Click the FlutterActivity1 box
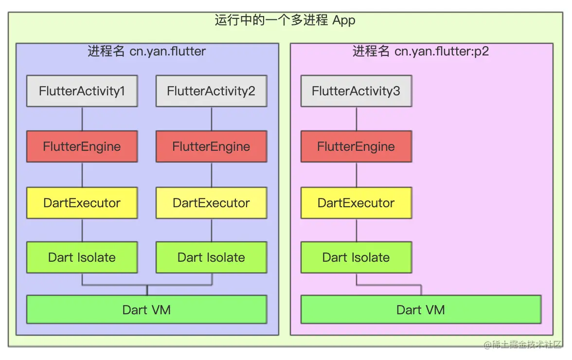[x=82, y=91]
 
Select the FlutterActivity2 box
[x=211, y=91]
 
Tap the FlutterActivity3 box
[x=356, y=91]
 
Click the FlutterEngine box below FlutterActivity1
[x=82, y=146]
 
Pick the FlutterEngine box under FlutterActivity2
[x=211, y=146]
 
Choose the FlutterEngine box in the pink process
[x=356, y=146]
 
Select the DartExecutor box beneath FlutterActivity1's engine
[x=82, y=202]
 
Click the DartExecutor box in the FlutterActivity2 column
[x=211, y=202]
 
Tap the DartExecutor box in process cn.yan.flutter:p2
[x=356, y=202]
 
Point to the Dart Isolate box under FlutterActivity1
[x=82, y=257]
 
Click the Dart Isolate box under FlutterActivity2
[x=211, y=257]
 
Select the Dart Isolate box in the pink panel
[x=356, y=257]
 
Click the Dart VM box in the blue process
[x=146, y=309]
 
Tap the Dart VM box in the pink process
[x=421, y=309]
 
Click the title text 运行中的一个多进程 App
[x=285, y=20]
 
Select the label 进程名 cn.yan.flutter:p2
[x=421, y=51]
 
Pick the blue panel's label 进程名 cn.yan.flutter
[x=146, y=51]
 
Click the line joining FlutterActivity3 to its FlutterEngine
[x=357, y=119]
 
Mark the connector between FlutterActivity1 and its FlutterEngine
[x=82, y=119]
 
